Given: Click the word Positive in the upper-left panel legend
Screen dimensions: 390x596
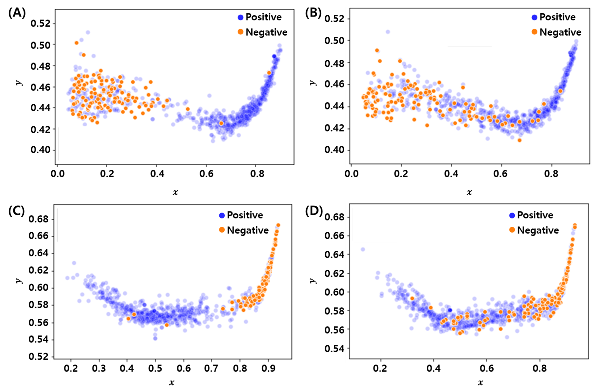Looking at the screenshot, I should (263, 17).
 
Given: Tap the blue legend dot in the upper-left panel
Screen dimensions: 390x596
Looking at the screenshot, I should (240, 17).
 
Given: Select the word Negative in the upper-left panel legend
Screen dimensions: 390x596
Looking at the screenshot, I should (266, 32).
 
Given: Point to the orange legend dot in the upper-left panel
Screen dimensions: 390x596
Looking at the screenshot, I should (240, 32).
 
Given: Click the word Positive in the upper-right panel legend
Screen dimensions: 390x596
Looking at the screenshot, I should (557, 17).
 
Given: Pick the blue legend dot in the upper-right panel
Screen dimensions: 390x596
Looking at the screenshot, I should (534, 17).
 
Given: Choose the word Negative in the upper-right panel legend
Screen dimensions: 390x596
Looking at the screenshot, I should (560, 32).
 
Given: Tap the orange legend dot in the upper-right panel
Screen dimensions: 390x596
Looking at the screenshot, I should (534, 32).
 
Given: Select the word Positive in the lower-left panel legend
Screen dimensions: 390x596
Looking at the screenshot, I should (245, 215).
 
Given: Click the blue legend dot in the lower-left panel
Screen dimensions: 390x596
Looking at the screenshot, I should (222, 216).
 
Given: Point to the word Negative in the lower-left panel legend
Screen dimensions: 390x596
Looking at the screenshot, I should (248, 230).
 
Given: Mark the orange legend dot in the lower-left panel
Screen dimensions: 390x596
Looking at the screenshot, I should (222, 230).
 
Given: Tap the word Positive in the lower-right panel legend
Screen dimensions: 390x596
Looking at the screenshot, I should (535, 215).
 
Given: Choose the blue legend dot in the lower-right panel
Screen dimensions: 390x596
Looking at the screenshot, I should (512, 216).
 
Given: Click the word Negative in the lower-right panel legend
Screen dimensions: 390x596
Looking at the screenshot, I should (538, 230).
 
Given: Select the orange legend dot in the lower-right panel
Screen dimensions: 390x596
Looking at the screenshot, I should (512, 230).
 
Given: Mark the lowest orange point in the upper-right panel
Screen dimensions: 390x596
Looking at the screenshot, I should (520, 140).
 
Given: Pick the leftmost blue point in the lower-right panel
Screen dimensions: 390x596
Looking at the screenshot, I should (363, 250).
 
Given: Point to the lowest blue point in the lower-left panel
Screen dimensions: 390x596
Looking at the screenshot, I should (155, 338).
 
